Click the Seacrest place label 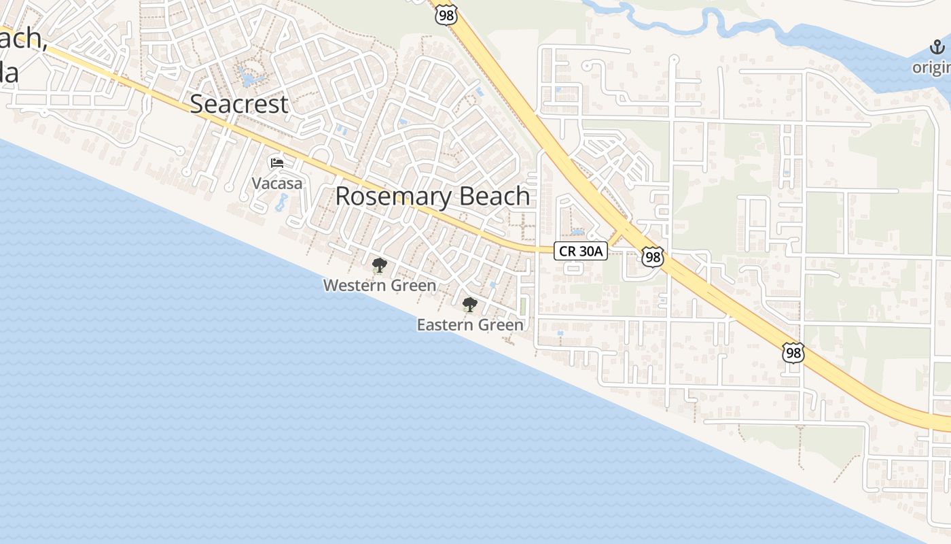pyautogui.click(x=239, y=104)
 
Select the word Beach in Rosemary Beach pyautogui.click(x=495, y=196)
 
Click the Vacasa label pyautogui.click(x=277, y=183)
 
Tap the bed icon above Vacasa pyautogui.click(x=277, y=163)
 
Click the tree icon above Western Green pyautogui.click(x=379, y=265)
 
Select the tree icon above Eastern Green pyautogui.click(x=469, y=304)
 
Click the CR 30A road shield pyautogui.click(x=581, y=251)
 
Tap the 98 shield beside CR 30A pyautogui.click(x=653, y=256)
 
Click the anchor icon pyautogui.click(x=937, y=48)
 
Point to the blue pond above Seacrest pyautogui.click(x=248, y=78)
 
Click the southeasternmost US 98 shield pyautogui.click(x=793, y=352)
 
